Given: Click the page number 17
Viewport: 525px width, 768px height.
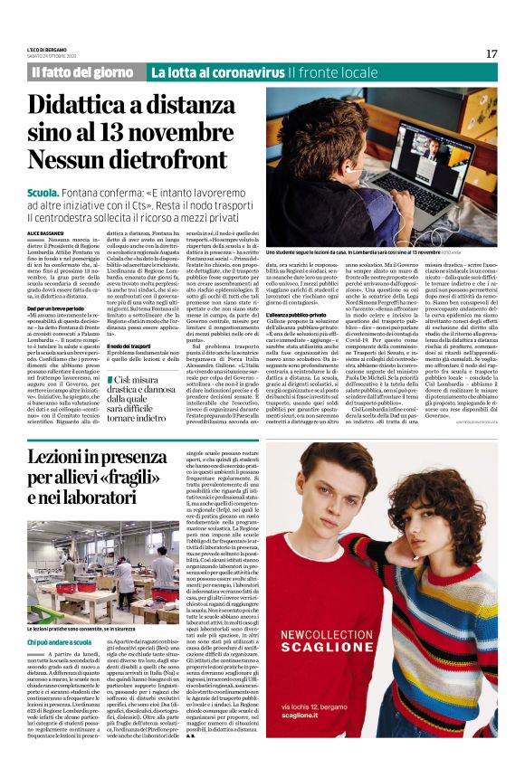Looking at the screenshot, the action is (491, 53).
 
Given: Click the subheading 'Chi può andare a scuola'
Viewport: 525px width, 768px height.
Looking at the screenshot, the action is (62, 641).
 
